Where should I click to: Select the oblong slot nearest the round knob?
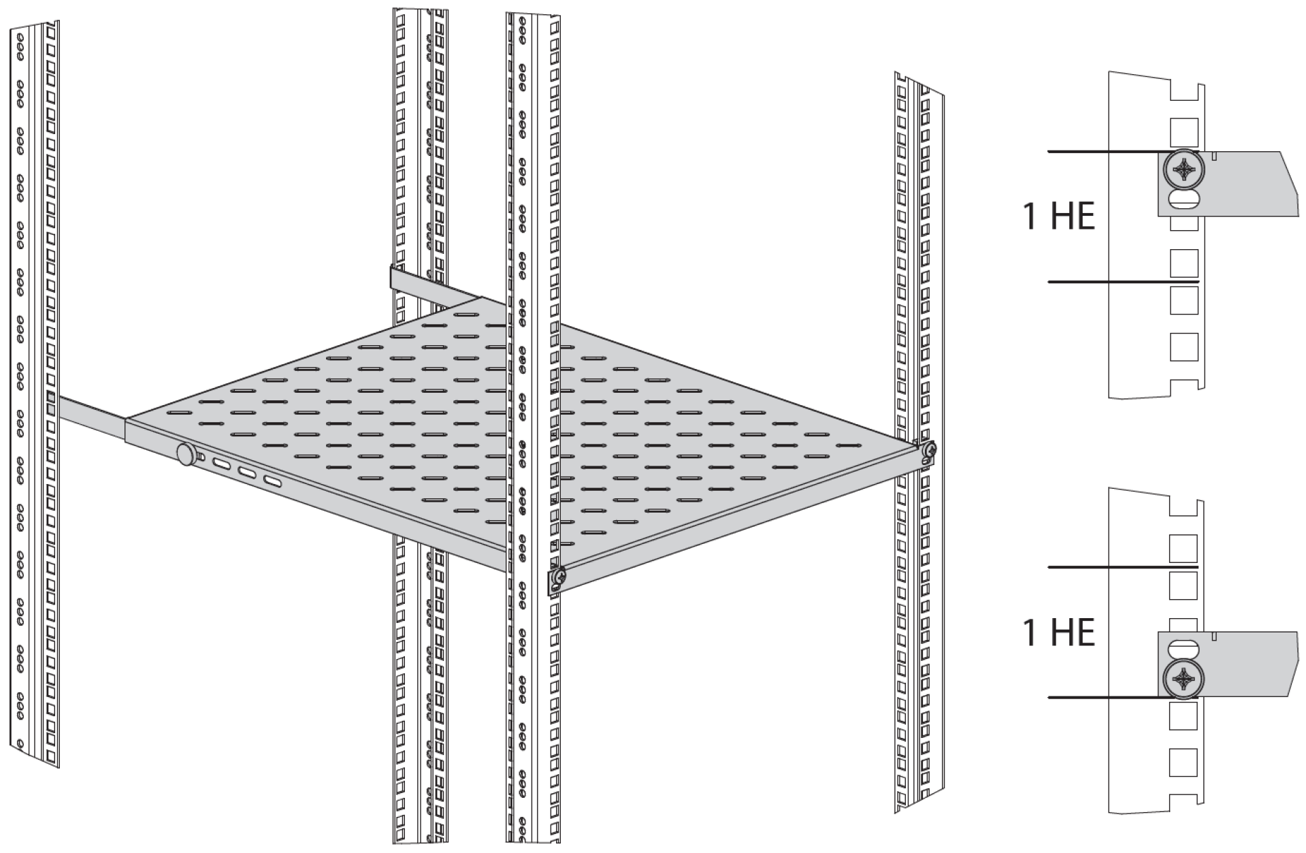click(221, 464)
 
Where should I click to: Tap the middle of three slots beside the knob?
click(246, 473)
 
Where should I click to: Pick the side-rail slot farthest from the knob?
click(272, 483)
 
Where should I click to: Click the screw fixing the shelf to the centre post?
click(558, 579)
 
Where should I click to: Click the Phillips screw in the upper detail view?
click(1184, 169)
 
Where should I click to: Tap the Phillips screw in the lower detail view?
click(1184, 679)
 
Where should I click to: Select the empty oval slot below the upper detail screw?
click(1184, 200)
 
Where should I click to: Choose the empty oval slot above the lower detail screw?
click(1184, 647)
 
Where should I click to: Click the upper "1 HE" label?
click(1059, 216)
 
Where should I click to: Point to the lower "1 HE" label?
click(1059, 632)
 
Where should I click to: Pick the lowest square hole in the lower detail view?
click(1183, 762)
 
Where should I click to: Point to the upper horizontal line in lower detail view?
click(1123, 567)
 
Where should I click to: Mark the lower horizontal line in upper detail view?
click(1123, 282)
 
